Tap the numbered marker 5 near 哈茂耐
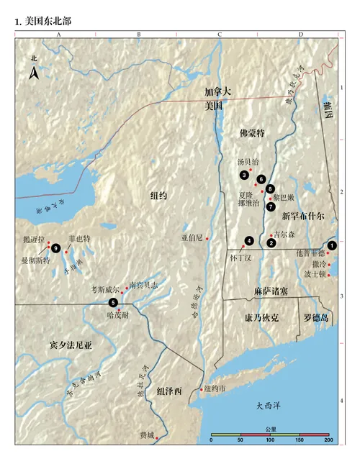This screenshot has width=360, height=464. tap(113, 302)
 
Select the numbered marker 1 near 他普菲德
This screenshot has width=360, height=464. tap(331, 245)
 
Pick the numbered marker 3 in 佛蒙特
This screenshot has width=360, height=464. tap(245, 176)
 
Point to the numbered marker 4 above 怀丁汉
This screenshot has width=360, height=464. tap(249, 240)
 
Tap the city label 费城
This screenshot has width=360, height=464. tap(148, 435)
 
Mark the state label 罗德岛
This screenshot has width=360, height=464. tap(316, 316)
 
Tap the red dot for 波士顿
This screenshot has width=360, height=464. tap(330, 274)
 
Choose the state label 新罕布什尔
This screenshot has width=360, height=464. tap(303, 215)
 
